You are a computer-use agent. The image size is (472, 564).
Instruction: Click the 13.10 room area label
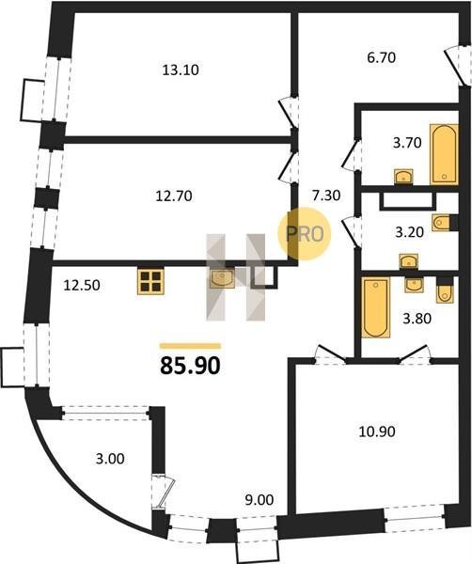point(181,70)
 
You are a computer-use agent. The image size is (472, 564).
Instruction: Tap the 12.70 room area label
point(174,196)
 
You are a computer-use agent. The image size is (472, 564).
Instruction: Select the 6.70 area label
point(382,57)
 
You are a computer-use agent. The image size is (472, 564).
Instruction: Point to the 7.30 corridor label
point(326,196)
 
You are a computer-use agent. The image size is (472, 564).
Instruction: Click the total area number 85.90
point(190,367)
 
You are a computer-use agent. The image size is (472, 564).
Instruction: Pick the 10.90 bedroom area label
point(377,431)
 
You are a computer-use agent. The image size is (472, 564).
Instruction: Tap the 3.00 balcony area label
point(110,459)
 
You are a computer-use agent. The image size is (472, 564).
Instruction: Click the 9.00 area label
point(259,500)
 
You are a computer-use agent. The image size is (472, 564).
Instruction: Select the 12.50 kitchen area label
point(82,286)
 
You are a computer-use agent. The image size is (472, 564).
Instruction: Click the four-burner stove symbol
point(150,282)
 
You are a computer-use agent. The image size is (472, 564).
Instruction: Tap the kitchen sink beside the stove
point(222,277)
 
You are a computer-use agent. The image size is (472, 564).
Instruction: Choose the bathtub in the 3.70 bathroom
point(445,154)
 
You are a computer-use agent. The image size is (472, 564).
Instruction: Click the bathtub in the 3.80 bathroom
point(375,307)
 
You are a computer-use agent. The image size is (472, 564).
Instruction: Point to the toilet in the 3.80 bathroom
point(445,290)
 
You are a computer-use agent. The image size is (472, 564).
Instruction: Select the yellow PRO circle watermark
point(305,234)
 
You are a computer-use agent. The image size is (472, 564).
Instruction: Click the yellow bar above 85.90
point(190,346)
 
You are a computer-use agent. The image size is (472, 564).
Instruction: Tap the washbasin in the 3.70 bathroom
point(403,177)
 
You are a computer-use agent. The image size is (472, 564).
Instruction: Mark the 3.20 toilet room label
point(409,232)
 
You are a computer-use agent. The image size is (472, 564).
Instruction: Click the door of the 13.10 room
point(290,112)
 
